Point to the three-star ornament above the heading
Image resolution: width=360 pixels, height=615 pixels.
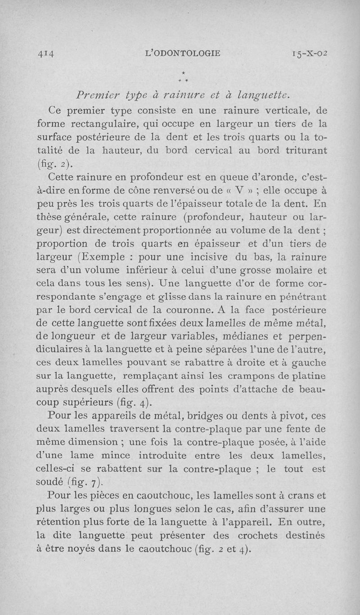click(x=183, y=76)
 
